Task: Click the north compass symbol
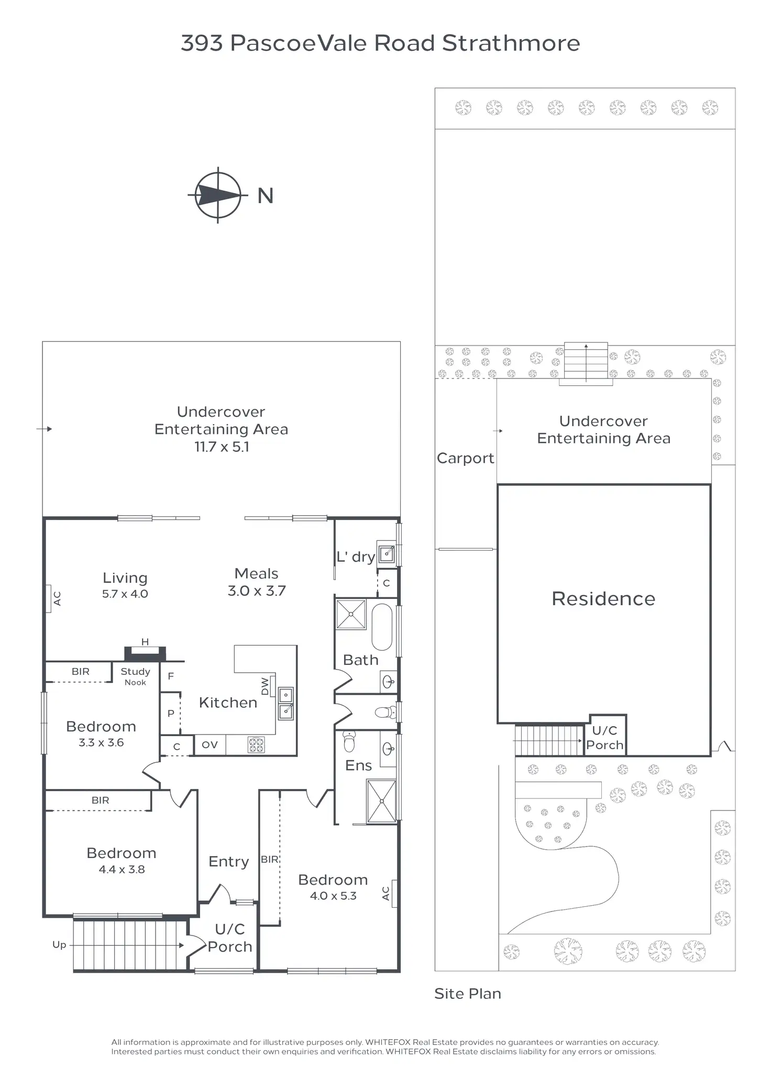click(x=218, y=195)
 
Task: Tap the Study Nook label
click(x=135, y=676)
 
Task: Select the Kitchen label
click(x=228, y=703)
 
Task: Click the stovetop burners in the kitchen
click(x=256, y=744)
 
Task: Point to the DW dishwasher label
click(x=265, y=687)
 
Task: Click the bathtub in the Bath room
click(x=382, y=627)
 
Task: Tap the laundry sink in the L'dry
click(x=387, y=553)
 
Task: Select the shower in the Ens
click(x=381, y=801)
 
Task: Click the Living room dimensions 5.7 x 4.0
click(x=125, y=594)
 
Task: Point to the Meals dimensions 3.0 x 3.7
click(x=257, y=591)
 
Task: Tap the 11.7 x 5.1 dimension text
click(x=222, y=447)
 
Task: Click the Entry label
click(x=228, y=861)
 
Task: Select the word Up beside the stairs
click(x=59, y=945)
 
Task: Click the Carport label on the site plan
click(x=465, y=458)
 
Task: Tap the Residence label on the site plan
click(x=603, y=598)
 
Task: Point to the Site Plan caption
click(x=468, y=994)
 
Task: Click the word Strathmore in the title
click(x=511, y=43)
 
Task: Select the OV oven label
click(x=210, y=745)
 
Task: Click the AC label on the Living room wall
click(x=57, y=598)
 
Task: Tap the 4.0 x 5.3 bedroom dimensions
click(x=333, y=896)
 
